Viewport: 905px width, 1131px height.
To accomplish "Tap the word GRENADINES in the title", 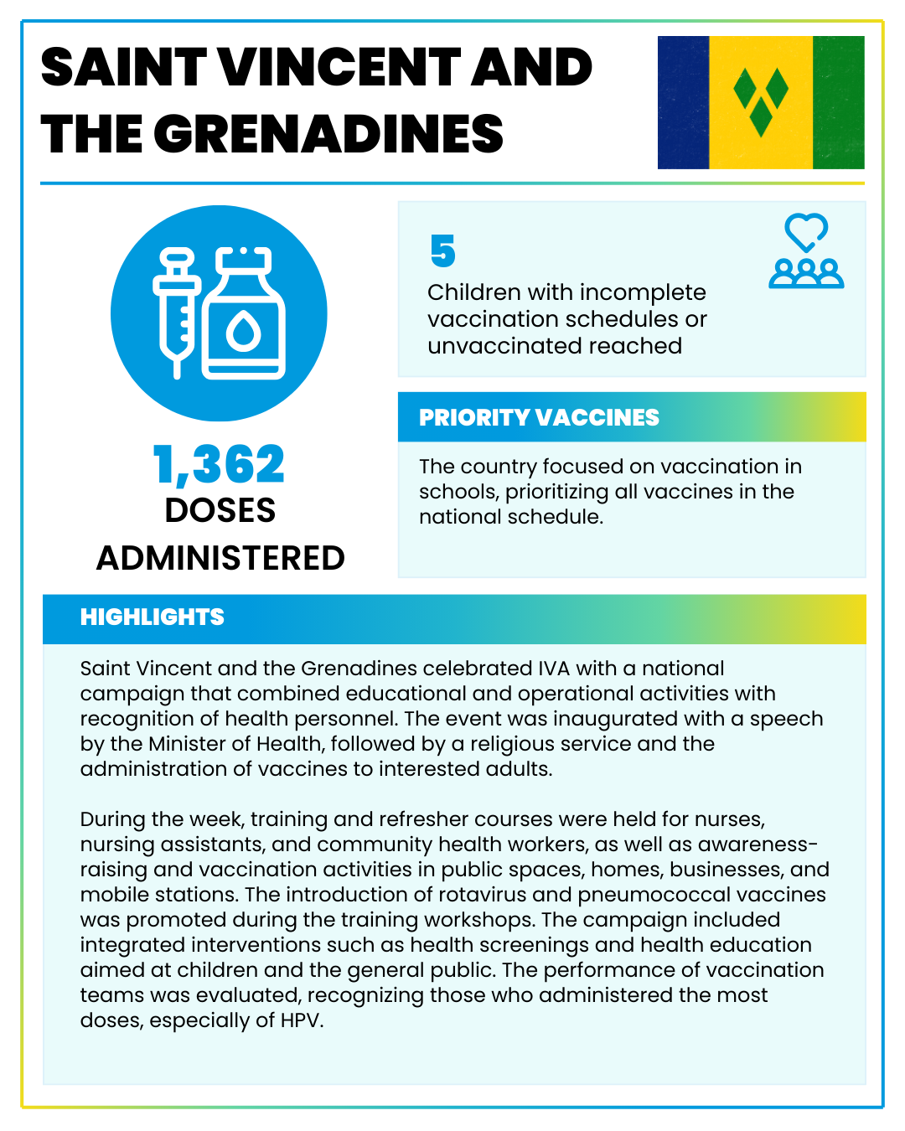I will pyautogui.click(x=328, y=134).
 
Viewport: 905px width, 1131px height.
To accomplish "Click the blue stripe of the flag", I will pyautogui.click(x=683, y=102).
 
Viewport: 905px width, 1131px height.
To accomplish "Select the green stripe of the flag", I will pyautogui.click(x=838, y=102).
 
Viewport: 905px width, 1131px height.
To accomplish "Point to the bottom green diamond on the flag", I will pyautogui.click(x=761, y=117).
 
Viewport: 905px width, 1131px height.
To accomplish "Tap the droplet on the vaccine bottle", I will pyautogui.click(x=244, y=332).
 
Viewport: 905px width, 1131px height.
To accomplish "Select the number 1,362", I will pyautogui.click(x=220, y=464).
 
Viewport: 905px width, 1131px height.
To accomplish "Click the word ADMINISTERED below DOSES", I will pyautogui.click(x=220, y=558).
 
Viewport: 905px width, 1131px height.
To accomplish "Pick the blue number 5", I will pyautogui.click(x=442, y=251).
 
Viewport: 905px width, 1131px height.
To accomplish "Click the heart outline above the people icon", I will pyautogui.click(x=806, y=230).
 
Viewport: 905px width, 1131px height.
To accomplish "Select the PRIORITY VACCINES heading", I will pyautogui.click(x=539, y=417).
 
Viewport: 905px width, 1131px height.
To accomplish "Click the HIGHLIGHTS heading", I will pyautogui.click(x=153, y=617).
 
